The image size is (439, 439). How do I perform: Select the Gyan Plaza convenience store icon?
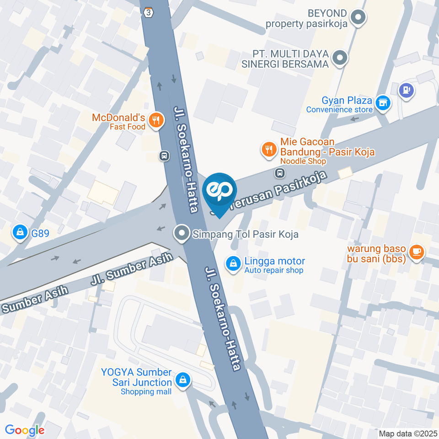click(383, 103)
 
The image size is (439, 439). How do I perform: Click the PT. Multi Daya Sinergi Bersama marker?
click(340, 58)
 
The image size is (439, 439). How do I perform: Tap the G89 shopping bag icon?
click(20, 232)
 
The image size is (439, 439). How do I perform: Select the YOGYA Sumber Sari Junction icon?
click(183, 380)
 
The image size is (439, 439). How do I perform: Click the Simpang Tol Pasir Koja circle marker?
click(182, 234)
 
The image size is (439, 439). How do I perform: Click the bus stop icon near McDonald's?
click(164, 156)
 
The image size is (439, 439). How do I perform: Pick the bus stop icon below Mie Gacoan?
click(279, 173)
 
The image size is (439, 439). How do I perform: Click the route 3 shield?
click(148, 12)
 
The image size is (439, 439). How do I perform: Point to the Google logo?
click(25, 430)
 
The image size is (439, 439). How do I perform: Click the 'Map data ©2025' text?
click(408, 433)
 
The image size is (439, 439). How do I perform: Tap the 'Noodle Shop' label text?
click(303, 161)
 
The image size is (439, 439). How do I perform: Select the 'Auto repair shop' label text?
click(273, 270)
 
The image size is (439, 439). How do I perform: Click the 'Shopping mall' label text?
click(146, 391)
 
